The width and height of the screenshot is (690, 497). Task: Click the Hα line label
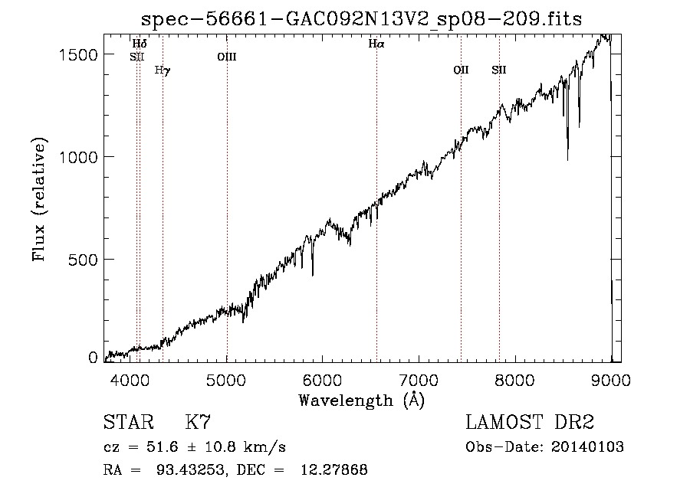click(376, 44)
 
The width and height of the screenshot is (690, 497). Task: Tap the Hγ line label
click(163, 70)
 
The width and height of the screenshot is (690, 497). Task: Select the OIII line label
click(226, 56)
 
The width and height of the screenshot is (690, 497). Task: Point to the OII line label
click(461, 70)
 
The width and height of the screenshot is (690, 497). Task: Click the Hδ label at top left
click(140, 44)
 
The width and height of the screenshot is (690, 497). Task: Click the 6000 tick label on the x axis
click(322, 379)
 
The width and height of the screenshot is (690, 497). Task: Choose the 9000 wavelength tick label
click(610, 379)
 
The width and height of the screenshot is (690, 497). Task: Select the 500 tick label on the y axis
click(85, 260)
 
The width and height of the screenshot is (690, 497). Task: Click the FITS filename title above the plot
click(362, 19)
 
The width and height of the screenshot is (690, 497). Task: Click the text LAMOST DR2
click(530, 423)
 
